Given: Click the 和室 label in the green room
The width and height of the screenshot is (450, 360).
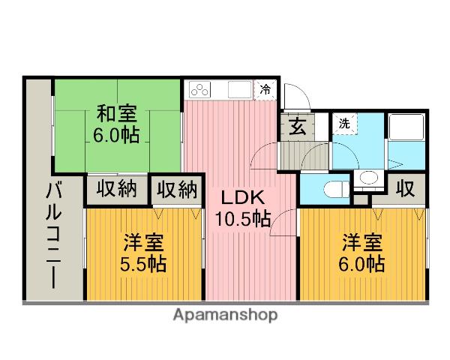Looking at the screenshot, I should pos(116,115).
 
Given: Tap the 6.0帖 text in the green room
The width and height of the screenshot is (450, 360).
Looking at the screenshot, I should pos(116,136).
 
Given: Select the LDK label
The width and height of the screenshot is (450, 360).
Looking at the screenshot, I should pos(240,198).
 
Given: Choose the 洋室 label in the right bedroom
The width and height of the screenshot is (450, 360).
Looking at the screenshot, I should pos(363,243).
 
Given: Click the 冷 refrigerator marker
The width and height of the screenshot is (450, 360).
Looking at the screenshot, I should pos(266,89).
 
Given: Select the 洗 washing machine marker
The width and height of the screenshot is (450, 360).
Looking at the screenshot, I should pos(343,122).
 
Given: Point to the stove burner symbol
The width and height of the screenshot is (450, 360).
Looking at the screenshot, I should pos(201,89).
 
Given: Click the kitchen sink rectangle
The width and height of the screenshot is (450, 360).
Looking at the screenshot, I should pos(239,89).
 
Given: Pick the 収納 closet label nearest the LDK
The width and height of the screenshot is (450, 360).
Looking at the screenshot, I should pos(177,188).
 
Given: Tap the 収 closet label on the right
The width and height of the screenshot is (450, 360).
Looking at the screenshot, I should pos(406,188).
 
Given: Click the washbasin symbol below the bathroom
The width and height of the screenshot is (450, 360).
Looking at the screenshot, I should pos(367,178).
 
